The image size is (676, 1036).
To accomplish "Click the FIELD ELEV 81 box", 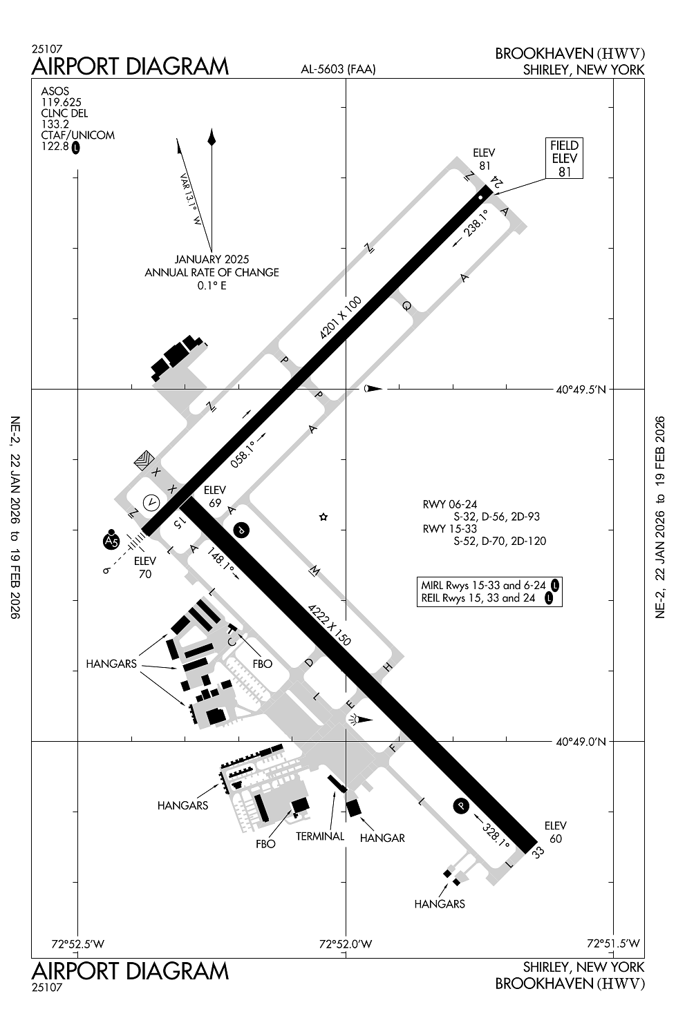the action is pos(564,158).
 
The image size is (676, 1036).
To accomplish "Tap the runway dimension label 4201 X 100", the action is pos(340,318).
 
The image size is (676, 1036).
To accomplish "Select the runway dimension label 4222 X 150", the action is pos(329,624).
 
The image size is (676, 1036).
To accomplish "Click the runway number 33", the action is pos(537,852).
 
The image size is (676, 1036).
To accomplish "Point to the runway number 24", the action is pos(498,182).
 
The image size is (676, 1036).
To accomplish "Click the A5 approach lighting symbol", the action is pos(111,539).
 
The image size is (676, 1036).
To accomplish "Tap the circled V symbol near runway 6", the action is pos(151,502).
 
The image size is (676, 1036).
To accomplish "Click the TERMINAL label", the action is pos(320,836).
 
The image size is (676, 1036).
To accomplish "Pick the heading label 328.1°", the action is pos(496,835).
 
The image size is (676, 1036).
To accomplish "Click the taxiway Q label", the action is pos(406,305).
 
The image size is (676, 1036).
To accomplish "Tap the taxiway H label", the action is pos(388,667).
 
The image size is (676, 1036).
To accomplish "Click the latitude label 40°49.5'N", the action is pos(581,390).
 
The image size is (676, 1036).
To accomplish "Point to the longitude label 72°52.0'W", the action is pos(346,944).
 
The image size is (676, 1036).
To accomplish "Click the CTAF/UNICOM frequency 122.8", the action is pos(55,146).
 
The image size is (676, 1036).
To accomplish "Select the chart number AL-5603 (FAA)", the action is pos(338,69).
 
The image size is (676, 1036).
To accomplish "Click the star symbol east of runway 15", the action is pos(323,517).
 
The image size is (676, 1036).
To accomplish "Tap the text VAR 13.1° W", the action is pos(191,200).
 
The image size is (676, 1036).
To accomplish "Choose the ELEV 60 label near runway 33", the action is pos(555,832).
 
